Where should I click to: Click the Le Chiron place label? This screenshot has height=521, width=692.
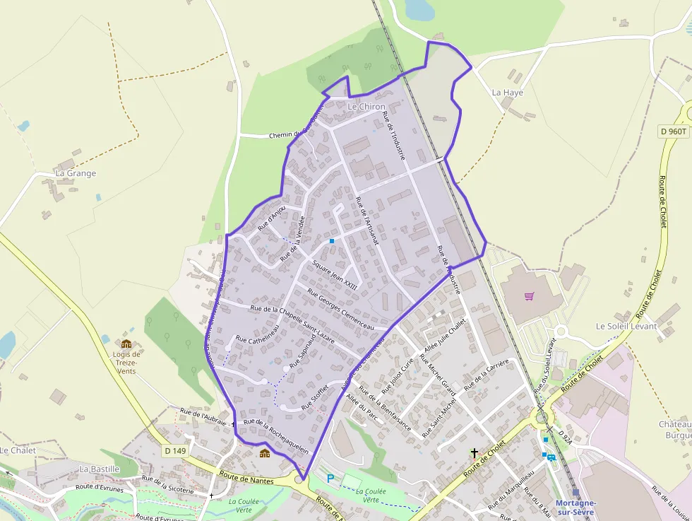(x=366, y=107)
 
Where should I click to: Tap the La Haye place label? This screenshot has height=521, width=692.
(x=508, y=93)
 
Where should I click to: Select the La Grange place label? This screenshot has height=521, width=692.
(x=76, y=173)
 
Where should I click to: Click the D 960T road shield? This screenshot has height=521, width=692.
(x=674, y=131)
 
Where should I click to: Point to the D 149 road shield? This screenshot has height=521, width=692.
(x=177, y=450)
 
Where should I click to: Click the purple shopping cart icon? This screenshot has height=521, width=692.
(x=529, y=295)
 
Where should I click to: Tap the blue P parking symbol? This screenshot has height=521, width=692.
(x=330, y=479)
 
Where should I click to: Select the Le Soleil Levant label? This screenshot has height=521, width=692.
(x=626, y=327)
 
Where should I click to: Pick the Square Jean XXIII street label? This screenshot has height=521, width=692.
(x=335, y=273)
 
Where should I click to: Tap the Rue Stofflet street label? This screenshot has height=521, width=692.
(x=316, y=397)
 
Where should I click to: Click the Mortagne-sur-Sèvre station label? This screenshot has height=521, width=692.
(x=576, y=508)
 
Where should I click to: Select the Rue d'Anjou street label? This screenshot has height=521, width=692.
(x=272, y=218)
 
